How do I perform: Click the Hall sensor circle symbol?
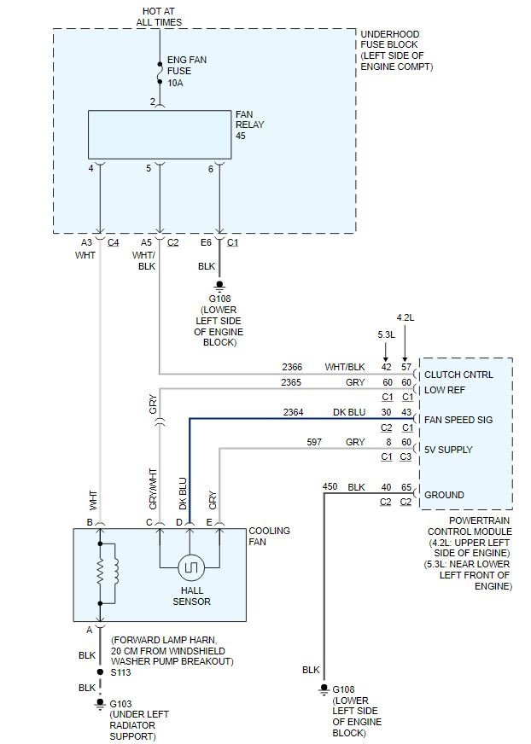tap(190, 567)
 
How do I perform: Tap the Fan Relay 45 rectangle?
tap(160, 135)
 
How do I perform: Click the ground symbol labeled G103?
tap(100, 703)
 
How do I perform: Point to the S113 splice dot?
tap(100, 671)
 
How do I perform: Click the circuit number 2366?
tap(292, 367)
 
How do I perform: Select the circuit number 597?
tap(314, 442)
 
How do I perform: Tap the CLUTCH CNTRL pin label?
tap(458, 375)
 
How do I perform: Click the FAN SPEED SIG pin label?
tap(458, 420)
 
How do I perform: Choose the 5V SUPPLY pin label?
tap(448, 450)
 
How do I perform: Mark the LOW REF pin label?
tap(445, 390)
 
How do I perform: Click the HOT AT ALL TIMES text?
tap(159, 16)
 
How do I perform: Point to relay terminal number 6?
tap(210, 169)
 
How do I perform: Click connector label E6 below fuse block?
tap(206, 242)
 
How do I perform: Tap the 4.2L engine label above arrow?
tap(406, 317)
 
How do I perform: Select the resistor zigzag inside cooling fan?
tap(100, 573)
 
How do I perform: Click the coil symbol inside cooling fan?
tap(116, 573)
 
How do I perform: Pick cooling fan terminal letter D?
tap(179, 522)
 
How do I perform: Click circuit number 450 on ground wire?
tap(330, 486)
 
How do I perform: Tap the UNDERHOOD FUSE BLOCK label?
tap(397, 50)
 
